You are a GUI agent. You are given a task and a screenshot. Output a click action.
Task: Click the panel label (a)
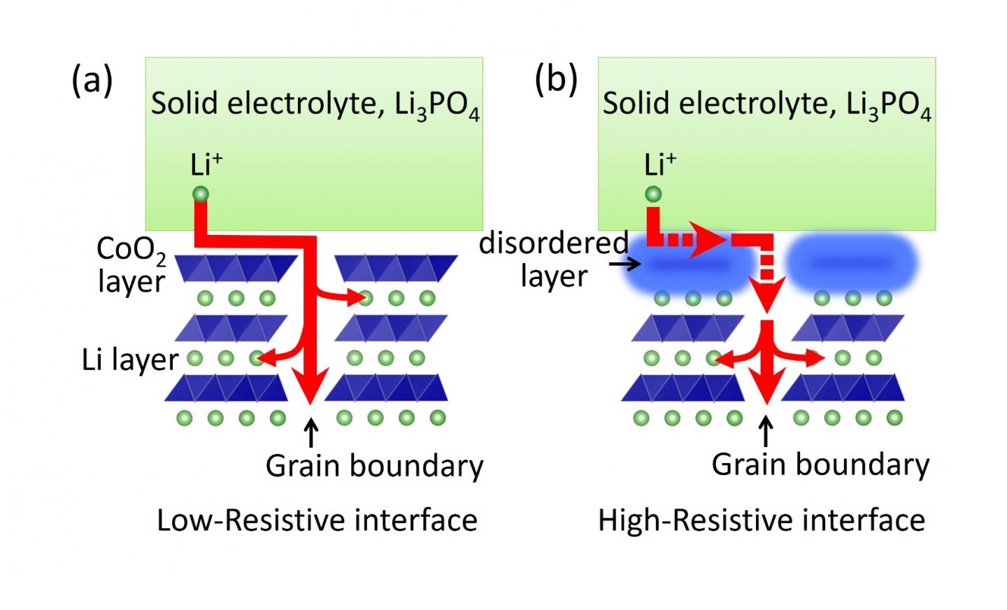[92, 81]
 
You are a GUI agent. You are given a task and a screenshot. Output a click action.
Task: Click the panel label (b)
[556, 80]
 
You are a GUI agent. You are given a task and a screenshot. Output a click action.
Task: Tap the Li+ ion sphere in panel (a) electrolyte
[201, 194]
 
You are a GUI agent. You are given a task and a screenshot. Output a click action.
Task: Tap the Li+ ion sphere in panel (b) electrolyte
[652, 194]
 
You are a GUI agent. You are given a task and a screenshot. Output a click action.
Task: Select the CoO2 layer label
[131, 265]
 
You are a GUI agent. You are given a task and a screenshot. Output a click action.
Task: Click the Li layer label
[130, 360]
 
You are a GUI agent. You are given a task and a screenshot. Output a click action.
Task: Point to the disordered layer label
[554, 259]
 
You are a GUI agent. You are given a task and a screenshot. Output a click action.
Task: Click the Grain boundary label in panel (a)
[374, 465]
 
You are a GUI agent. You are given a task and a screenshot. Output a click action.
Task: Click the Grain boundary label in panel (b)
[820, 464]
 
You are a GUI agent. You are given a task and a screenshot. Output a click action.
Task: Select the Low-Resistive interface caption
[317, 520]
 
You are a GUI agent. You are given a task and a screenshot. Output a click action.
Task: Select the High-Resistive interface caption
[762, 520]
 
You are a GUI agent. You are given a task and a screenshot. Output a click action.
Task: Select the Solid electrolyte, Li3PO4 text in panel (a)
[315, 104]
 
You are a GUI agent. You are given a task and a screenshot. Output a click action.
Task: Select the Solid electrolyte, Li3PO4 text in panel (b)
[767, 104]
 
